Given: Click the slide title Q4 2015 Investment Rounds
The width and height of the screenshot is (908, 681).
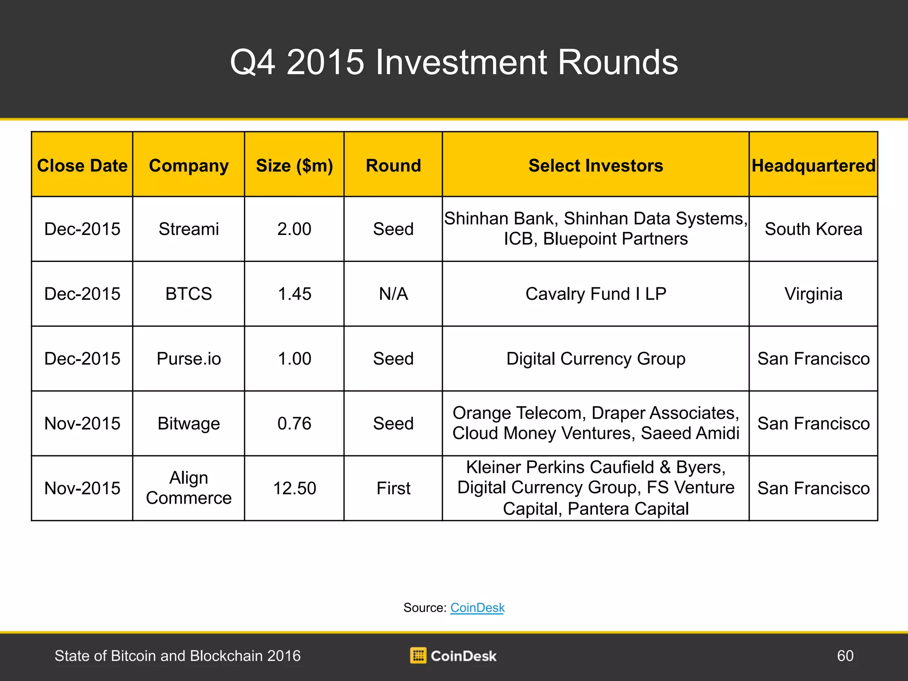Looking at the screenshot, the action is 454,62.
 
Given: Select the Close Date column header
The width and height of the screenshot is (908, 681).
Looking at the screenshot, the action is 82,165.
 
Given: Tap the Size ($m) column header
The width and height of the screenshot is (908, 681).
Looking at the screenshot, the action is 294,166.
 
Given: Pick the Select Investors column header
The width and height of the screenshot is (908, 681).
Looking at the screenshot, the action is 595,165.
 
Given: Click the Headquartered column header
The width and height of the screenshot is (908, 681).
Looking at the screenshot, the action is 814,165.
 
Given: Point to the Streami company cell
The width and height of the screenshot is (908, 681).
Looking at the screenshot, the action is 189,229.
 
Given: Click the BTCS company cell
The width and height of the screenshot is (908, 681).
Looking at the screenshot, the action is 189,294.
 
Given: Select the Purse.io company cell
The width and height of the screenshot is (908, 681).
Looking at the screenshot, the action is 189,359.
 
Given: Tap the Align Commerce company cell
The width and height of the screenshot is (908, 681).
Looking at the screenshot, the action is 189,488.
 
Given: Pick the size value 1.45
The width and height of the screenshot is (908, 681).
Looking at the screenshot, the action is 294,294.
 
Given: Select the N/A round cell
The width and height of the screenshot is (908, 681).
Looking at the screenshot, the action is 393,294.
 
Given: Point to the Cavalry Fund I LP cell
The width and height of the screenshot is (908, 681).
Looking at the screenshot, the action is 596,294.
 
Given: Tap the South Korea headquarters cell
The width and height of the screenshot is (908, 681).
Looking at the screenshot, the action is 814,229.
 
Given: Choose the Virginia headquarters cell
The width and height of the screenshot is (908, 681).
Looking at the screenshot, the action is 814,294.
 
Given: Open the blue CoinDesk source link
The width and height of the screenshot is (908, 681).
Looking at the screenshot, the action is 477,607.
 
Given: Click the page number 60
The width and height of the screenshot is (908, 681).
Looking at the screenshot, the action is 845,656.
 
